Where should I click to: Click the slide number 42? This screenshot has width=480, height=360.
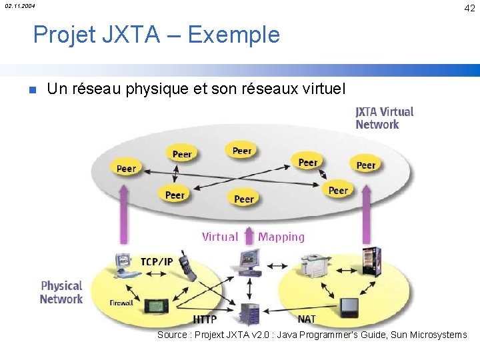click(x=469, y=8)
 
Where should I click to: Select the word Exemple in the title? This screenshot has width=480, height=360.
click(x=234, y=34)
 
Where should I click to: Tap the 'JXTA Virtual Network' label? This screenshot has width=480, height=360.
click(x=384, y=118)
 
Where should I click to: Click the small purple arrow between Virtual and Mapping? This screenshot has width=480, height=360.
click(x=249, y=235)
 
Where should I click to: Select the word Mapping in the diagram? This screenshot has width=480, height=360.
click(x=281, y=237)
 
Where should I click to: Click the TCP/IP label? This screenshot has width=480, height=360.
click(x=156, y=261)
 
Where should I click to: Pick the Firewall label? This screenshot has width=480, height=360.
click(x=121, y=303)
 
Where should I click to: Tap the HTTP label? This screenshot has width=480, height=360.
click(x=205, y=319)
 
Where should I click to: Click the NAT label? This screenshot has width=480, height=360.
click(x=307, y=319)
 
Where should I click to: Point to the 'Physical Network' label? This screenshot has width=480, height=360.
click(x=61, y=293)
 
